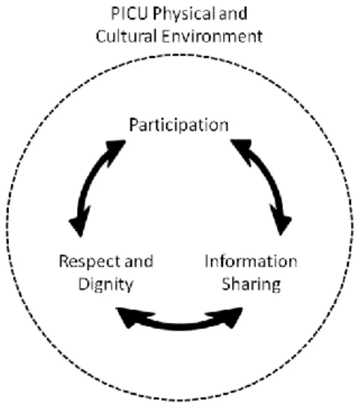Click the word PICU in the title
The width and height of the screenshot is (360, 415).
click(129, 13)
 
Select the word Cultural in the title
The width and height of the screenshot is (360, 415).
click(126, 36)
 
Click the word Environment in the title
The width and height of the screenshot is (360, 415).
click(213, 36)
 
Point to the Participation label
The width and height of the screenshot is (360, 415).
click(179, 126)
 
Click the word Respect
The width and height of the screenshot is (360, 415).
click(85, 262)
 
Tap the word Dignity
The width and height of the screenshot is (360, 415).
click(106, 286)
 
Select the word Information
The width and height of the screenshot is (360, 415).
click(251, 262)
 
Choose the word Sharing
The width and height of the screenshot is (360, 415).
click(251, 286)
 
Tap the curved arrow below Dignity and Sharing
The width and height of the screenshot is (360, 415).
click(180, 327)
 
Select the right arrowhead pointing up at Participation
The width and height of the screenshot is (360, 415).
click(242, 149)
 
